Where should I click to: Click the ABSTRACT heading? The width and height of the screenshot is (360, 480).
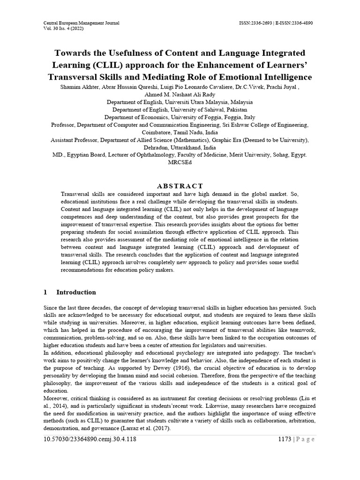click(180, 186)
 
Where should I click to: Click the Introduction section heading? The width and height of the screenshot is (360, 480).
click(76, 292)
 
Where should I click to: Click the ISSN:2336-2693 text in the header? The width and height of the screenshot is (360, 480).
click(255, 22)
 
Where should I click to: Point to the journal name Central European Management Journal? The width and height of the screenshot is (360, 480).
click(81, 22)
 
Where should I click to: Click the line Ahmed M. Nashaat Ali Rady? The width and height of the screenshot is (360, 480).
click(180, 94)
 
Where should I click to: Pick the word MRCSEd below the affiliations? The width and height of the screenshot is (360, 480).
click(180, 162)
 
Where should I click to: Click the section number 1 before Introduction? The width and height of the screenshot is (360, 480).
click(45, 292)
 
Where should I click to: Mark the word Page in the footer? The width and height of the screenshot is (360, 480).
click(305, 439)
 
